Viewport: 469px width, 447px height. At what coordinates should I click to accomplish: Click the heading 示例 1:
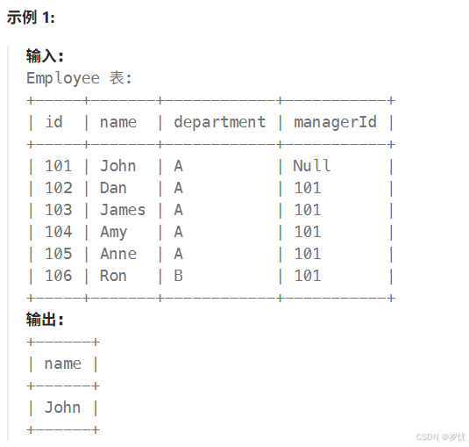tap(31, 18)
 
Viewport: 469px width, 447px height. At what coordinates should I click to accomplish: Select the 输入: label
tap(45, 56)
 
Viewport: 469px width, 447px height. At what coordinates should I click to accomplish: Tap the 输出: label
tap(45, 320)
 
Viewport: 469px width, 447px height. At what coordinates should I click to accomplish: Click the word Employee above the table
tap(63, 79)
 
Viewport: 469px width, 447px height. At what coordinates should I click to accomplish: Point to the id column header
tap(53, 122)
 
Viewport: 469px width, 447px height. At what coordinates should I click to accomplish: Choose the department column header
tap(220, 123)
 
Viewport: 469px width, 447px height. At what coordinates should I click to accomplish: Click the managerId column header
tap(335, 123)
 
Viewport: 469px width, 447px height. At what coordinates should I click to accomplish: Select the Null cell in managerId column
tap(312, 166)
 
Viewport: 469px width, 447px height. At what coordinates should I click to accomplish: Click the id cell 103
tap(59, 210)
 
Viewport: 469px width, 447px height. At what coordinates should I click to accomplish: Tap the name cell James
tap(123, 210)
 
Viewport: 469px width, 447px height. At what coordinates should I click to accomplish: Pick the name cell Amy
tap(114, 233)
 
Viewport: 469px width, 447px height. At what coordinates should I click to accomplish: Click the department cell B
tap(179, 276)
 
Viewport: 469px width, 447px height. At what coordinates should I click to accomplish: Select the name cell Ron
tap(113, 276)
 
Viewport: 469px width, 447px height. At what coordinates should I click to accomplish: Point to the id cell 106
tap(59, 276)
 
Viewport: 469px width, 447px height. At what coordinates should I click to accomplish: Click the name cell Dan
tap(113, 188)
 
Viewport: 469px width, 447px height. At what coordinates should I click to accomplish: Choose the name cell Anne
tap(118, 254)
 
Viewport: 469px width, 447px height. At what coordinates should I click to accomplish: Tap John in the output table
tap(62, 407)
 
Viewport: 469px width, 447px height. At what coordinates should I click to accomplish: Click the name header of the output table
tap(63, 364)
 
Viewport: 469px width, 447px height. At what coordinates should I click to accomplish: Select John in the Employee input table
tap(117, 166)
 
